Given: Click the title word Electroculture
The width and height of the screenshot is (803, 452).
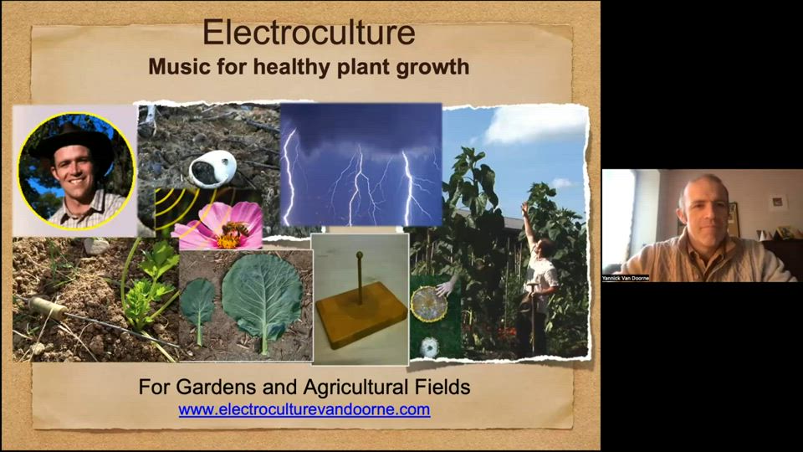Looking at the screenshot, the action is pos(309,33).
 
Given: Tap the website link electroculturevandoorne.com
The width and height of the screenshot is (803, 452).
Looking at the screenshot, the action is pos(304,409).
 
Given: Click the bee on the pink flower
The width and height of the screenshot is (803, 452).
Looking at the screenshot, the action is pos(235,229).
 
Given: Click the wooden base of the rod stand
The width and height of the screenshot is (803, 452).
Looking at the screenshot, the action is pos(361,314).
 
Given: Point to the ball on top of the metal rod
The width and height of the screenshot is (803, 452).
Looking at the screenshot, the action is pos(360,254).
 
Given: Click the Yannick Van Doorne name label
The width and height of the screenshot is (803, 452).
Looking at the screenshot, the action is pos(626,278).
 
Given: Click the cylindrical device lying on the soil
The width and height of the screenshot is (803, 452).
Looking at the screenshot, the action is pos(49,307).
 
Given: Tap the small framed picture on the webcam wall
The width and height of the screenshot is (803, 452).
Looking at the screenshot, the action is pos(778,202).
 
